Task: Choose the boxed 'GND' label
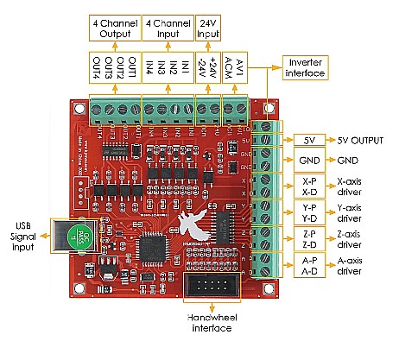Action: pos(310,161)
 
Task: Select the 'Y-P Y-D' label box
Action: pos(310,212)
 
